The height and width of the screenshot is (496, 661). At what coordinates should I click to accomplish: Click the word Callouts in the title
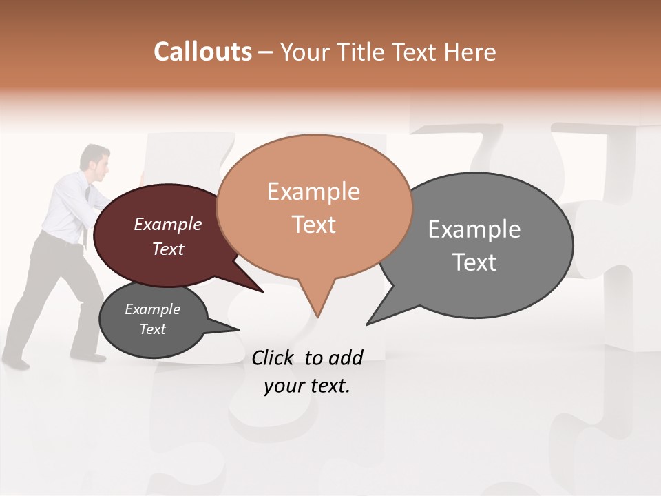[202, 52]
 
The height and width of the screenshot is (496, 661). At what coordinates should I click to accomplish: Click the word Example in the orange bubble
[313, 192]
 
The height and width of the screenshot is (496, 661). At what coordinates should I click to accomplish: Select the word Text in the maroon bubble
[168, 249]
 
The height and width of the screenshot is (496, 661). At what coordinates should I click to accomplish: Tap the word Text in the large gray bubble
[474, 262]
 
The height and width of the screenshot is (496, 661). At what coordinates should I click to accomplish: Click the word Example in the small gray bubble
[152, 309]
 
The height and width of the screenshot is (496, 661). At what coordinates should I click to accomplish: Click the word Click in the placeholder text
[274, 358]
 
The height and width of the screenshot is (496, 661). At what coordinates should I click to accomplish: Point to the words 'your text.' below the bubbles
[307, 386]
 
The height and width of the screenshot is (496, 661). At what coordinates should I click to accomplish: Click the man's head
[95, 158]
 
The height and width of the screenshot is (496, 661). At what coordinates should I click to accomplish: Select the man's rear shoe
[15, 362]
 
